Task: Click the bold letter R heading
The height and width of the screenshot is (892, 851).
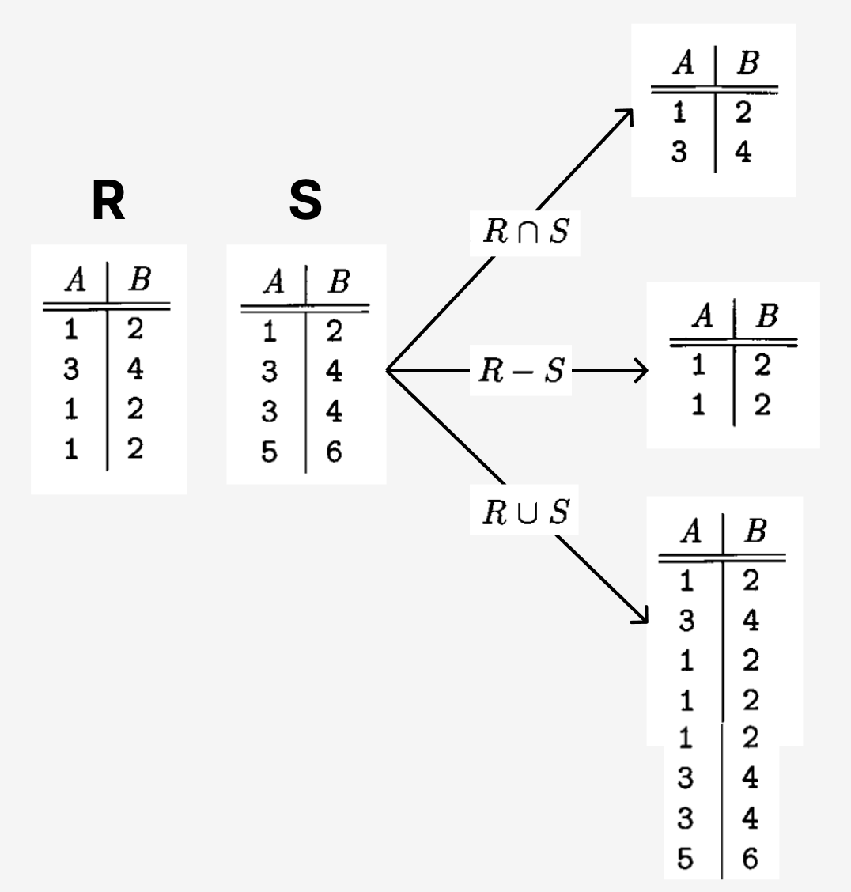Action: [108, 202]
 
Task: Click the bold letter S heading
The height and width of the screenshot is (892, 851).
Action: [305, 202]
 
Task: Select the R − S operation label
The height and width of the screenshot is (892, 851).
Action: [521, 370]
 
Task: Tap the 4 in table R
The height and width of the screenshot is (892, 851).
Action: [135, 370]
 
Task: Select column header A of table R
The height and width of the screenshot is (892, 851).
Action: [75, 282]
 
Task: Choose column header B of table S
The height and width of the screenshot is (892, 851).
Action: [338, 282]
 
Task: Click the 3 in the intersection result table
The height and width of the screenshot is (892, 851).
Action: [679, 153]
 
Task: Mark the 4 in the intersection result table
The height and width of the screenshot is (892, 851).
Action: [743, 153]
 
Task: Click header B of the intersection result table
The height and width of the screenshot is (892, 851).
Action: [747, 64]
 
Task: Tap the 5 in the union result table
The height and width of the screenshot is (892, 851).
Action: [686, 859]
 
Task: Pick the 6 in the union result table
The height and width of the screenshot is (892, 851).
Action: [750, 859]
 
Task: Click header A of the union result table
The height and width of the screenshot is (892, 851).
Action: [690, 533]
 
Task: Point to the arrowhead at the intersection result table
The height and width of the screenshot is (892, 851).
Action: [627, 115]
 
